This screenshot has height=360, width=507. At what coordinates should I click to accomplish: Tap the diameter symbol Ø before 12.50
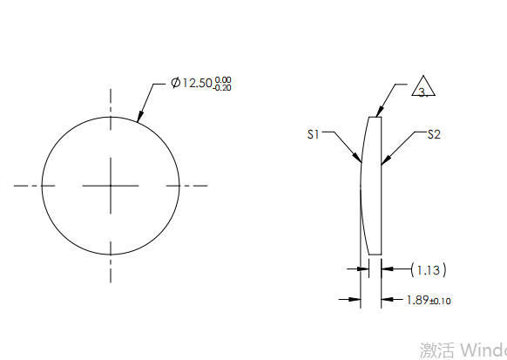pos(176,84)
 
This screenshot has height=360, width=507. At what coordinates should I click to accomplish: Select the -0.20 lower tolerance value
pos(224,88)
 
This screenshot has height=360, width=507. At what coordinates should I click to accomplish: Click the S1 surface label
pos(314,134)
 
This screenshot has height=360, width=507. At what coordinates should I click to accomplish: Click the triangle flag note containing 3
pos(424,90)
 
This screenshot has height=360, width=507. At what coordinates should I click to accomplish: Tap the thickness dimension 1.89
pos(417,300)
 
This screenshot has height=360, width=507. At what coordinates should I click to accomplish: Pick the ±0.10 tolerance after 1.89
pos(441,302)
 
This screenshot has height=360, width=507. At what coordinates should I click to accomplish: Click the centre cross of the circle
pos(111,185)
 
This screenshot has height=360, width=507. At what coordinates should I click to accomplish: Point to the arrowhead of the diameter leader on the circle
pos(139,119)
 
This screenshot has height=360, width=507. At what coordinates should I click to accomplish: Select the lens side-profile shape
pos(370,185)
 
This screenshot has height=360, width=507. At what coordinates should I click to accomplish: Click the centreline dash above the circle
pos(111,98)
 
